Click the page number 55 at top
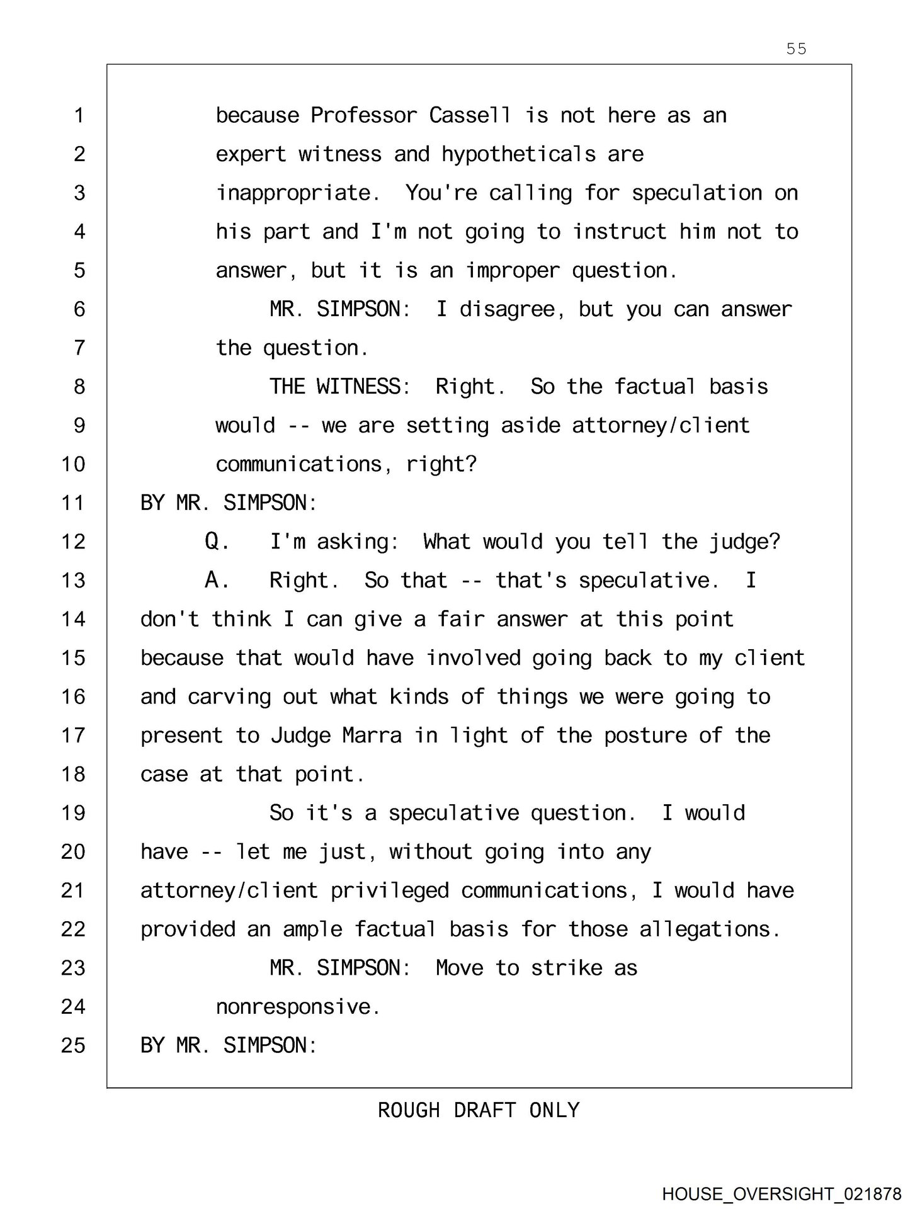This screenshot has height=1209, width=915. point(796,49)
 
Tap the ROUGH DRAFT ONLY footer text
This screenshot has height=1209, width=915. point(479,1110)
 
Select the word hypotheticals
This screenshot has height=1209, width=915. point(518,155)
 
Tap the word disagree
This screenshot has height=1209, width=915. point(507,310)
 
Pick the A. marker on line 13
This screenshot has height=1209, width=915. point(217,581)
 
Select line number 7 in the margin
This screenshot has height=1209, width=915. point(79,348)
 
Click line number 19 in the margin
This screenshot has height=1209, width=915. point(73,814)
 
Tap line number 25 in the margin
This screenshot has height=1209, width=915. point(73,1046)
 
